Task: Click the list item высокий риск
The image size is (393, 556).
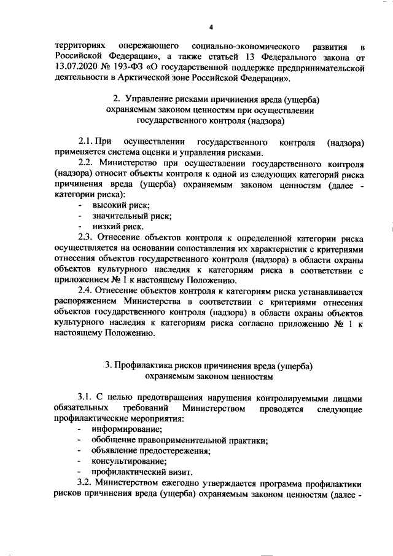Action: tap(120, 206)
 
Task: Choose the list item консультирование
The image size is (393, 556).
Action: tap(129, 461)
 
